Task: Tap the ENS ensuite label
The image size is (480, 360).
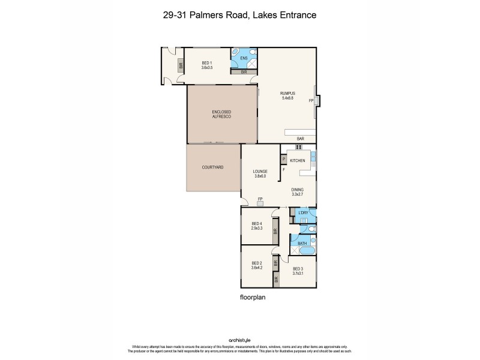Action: (244, 58)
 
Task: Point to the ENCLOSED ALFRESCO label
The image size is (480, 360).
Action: (221, 114)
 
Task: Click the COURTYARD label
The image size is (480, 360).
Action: (212, 167)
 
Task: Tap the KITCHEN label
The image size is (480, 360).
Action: (298, 161)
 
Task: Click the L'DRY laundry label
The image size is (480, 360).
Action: (303, 214)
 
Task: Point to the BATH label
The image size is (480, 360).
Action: (302, 243)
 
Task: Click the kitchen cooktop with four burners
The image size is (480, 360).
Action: (298, 147)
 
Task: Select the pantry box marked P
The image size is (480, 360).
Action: (283, 159)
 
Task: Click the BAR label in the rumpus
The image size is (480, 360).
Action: (300, 139)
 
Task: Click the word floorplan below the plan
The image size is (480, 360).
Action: (253, 296)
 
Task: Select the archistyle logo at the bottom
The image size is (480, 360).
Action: (240, 338)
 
